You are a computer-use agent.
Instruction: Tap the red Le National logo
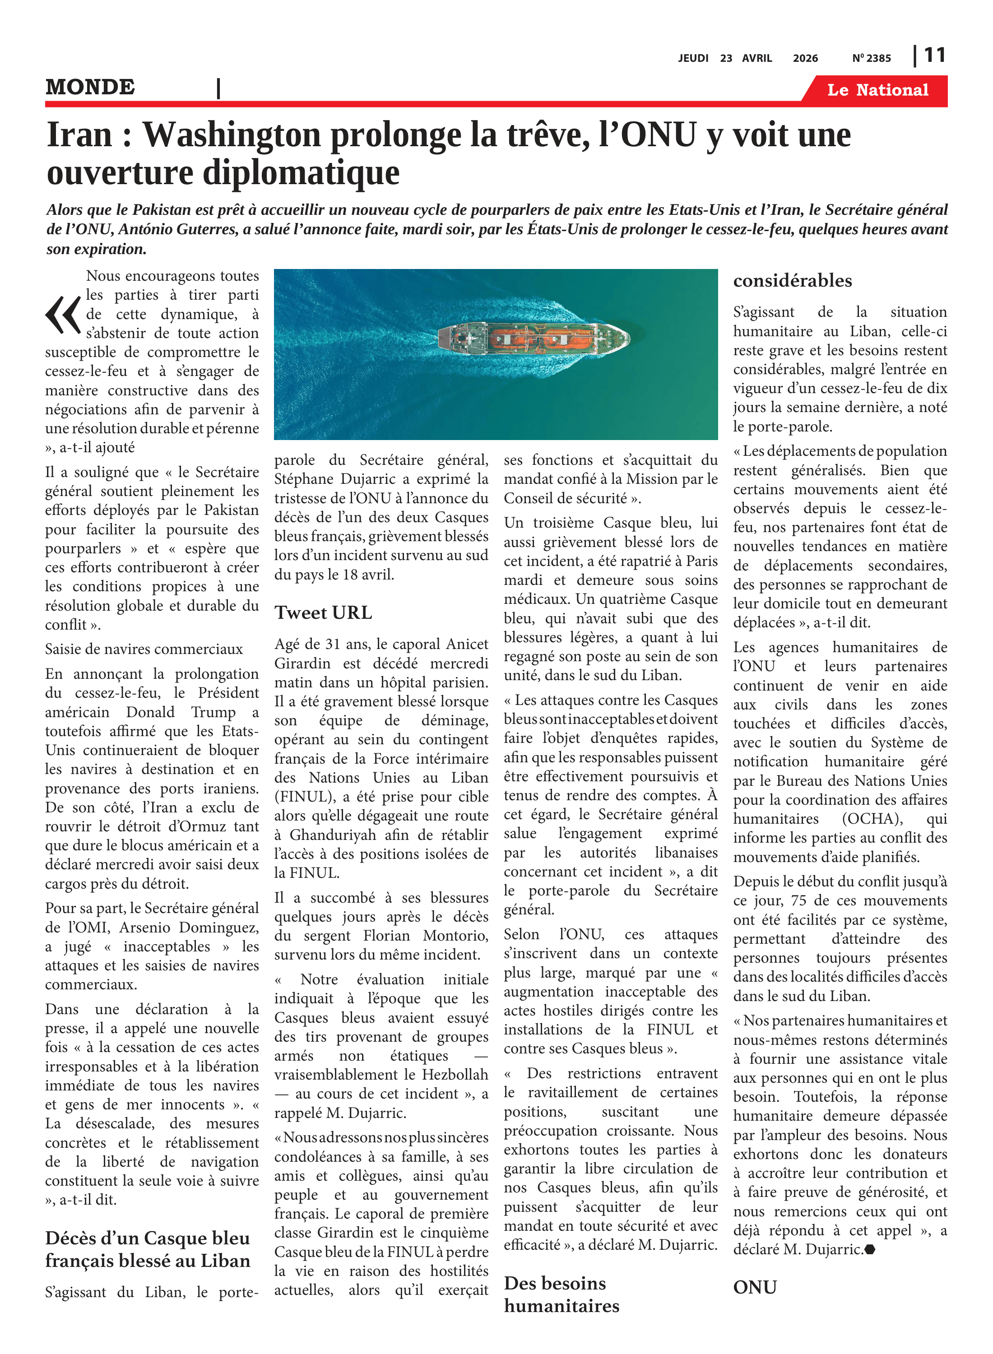click(x=877, y=90)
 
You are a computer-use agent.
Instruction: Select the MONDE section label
click(x=90, y=87)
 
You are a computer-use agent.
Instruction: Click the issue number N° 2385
click(x=871, y=58)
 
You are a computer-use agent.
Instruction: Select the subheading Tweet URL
click(x=323, y=612)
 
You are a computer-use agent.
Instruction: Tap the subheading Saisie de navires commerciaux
click(x=144, y=649)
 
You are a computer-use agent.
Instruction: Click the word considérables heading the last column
click(x=792, y=281)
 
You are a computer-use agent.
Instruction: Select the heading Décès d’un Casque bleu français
click(x=147, y=1248)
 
